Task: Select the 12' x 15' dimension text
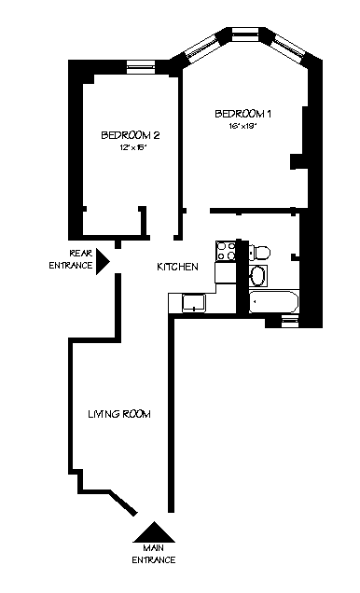[126, 147]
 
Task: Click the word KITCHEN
[176, 267]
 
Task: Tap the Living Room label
[118, 413]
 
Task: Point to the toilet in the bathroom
[260, 251]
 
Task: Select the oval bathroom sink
[258, 275]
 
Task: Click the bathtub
[273, 302]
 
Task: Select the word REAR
[79, 253]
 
